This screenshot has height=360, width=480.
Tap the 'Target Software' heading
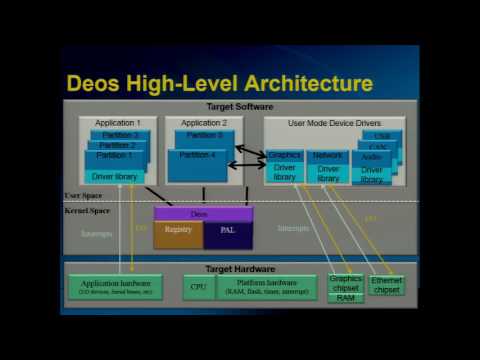(x=239, y=106)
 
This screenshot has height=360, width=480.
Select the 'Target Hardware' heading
(x=239, y=269)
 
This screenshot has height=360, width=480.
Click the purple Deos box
(x=203, y=214)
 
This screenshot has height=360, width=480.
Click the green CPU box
(x=198, y=287)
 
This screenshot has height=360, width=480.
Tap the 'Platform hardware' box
(x=268, y=288)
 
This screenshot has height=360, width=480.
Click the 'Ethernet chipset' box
(x=386, y=285)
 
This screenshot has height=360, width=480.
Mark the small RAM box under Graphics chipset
(x=346, y=298)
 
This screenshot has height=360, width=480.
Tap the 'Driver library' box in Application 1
(x=115, y=177)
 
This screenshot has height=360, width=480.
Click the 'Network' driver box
(x=328, y=156)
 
